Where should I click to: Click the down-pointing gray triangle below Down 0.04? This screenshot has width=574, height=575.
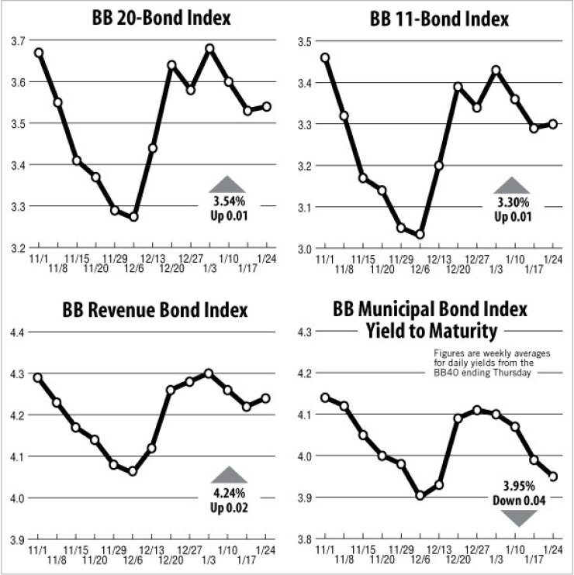[515, 515]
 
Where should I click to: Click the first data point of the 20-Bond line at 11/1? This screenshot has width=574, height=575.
[39, 53]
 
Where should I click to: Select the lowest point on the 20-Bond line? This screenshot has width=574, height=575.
[134, 217]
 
